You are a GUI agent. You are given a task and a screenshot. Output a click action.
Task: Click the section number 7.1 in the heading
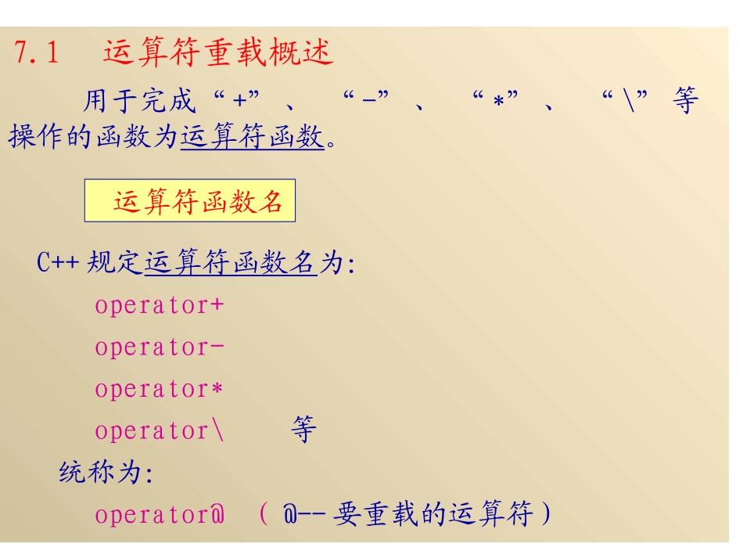point(37,53)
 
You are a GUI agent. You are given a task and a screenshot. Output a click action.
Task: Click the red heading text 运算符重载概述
point(218,52)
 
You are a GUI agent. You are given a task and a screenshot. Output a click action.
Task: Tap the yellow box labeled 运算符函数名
point(190,201)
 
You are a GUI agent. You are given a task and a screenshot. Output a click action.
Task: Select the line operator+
point(160,305)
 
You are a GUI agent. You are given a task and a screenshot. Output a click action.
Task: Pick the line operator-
point(160,347)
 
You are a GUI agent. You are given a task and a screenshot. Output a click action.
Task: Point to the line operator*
point(160,389)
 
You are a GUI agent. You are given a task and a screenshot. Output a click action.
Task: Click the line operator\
point(160,430)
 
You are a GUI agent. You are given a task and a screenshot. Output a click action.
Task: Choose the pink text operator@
point(160,515)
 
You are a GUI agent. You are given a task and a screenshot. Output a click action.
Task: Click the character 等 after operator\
point(303,430)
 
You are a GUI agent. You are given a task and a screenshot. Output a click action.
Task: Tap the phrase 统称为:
point(106,473)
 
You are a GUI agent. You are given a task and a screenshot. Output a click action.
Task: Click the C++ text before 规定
point(58,263)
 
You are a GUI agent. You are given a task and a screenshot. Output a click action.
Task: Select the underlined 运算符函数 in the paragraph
point(252,137)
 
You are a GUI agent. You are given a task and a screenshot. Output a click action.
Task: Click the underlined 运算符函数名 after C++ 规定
point(231,263)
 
